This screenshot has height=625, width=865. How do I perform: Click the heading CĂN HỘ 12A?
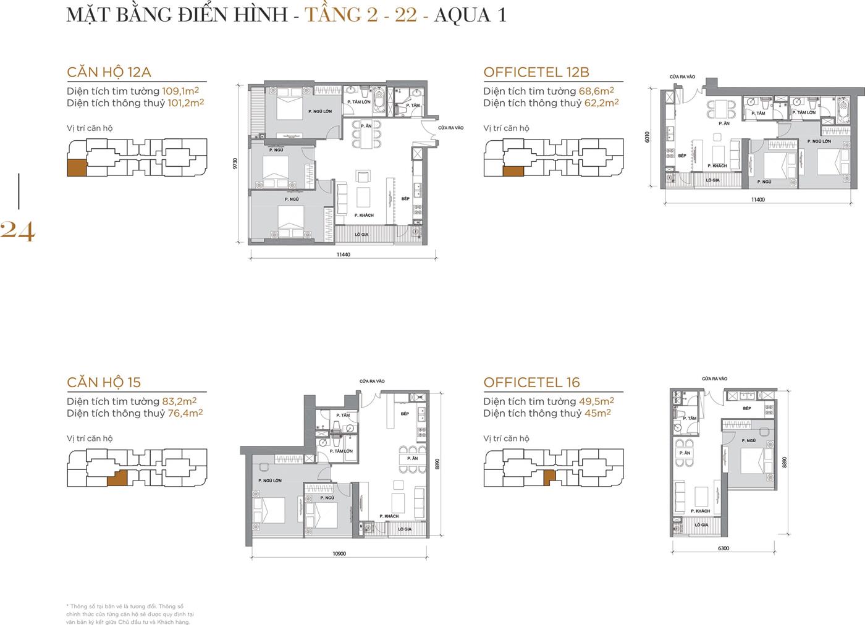pyautogui.click(x=109, y=72)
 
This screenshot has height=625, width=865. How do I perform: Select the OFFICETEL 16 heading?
pyautogui.click(x=531, y=382)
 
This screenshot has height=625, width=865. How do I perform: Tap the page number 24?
pyautogui.click(x=17, y=231)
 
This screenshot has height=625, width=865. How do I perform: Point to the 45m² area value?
pyautogui.click(x=597, y=413)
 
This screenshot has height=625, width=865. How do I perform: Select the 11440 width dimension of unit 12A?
pyautogui.click(x=343, y=254)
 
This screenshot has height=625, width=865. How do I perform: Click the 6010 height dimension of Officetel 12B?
pyautogui.click(x=648, y=136)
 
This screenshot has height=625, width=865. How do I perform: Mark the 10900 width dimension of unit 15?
pyautogui.click(x=339, y=553)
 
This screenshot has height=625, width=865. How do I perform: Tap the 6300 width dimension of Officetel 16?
pyautogui.click(x=724, y=548)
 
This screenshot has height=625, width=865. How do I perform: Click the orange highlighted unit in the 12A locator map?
pyautogui.click(x=77, y=167)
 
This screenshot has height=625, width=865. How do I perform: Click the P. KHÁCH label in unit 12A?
pyautogui.click(x=364, y=215)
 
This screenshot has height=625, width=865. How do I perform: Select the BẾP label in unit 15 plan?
pyautogui.click(x=405, y=414)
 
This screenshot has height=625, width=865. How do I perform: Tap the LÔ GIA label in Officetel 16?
pyautogui.click(x=701, y=525)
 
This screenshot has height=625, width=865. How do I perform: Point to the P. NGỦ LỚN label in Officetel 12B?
pyautogui.click(x=819, y=141)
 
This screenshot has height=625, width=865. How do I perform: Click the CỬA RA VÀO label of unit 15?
pyautogui.click(x=372, y=381)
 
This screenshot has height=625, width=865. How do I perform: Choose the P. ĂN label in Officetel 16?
pyautogui.click(x=685, y=453)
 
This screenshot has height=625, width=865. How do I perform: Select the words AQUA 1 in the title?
pyautogui.click(x=470, y=14)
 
